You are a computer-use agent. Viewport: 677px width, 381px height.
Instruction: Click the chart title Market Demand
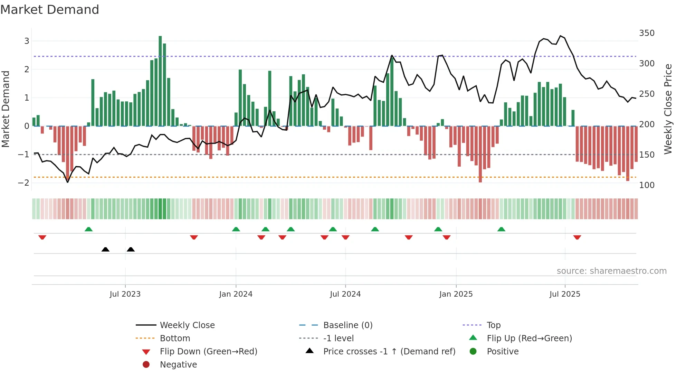[x=50, y=10]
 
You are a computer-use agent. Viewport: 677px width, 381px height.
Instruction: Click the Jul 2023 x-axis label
[x=125, y=294]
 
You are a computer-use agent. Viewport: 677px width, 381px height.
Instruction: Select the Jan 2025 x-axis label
[x=456, y=294]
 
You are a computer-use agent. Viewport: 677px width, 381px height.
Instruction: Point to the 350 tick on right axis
[x=647, y=33]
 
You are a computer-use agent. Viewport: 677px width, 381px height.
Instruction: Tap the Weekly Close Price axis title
[x=668, y=109]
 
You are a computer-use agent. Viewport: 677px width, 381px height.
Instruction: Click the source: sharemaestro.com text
[x=611, y=271]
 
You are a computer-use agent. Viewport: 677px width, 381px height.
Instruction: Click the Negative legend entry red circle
[x=146, y=365]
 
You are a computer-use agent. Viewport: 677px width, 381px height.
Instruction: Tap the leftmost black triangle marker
[x=106, y=250]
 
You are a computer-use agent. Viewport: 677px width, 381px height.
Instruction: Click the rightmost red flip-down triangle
[x=577, y=237]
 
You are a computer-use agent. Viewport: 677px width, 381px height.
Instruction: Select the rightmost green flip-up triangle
[x=501, y=229]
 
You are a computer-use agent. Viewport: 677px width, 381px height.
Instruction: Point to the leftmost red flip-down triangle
[x=42, y=237]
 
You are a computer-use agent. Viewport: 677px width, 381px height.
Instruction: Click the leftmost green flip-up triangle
[x=89, y=229]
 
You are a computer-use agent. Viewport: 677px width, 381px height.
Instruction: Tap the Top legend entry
[x=493, y=325]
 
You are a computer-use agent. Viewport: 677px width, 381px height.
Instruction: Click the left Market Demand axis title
[x=6, y=109]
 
